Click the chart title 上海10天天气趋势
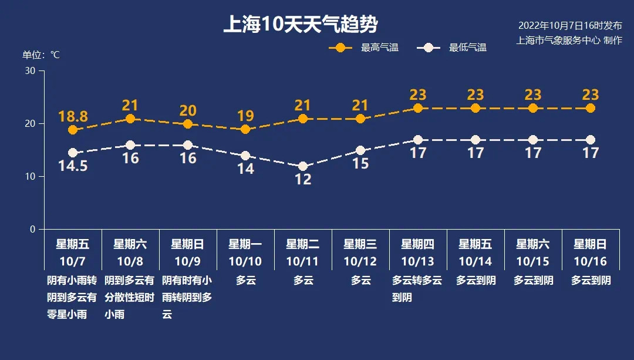coord(300,25)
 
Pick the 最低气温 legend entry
coord(451,48)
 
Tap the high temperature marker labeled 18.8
coord(73,130)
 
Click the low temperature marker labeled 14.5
coord(73,153)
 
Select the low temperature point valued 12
coord(303,166)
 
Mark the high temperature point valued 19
coord(245,129)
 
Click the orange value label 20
coord(188,110)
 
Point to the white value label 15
coord(360,163)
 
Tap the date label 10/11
coord(303,261)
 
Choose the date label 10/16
coord(591,261)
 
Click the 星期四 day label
coord(417,244)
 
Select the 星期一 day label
coord(245,244)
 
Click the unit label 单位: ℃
coord(41,55)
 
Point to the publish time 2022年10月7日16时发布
coord(569,26)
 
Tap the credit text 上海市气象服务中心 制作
coord(569,41)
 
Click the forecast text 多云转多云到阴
coord(417,288)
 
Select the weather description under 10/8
coord(130,297)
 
